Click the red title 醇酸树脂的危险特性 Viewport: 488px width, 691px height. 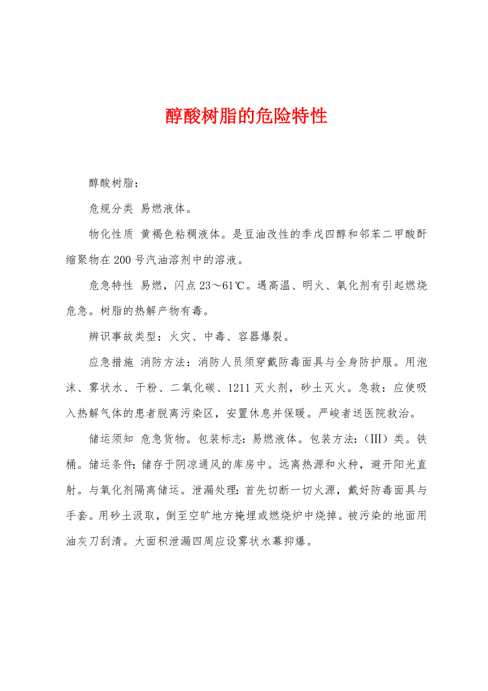point(246,116)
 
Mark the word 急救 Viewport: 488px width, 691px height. point(369,388)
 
